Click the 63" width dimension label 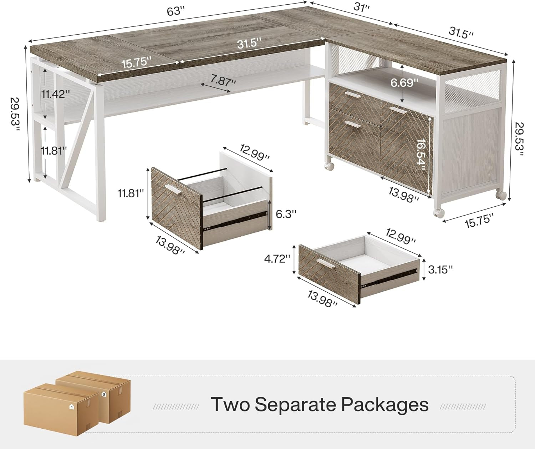click(175, 11)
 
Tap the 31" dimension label click(362, 7)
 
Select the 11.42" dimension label click(56, 94)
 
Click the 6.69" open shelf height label click(404, 82)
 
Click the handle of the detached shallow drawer click(326, 264)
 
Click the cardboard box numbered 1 click(61, 413)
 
